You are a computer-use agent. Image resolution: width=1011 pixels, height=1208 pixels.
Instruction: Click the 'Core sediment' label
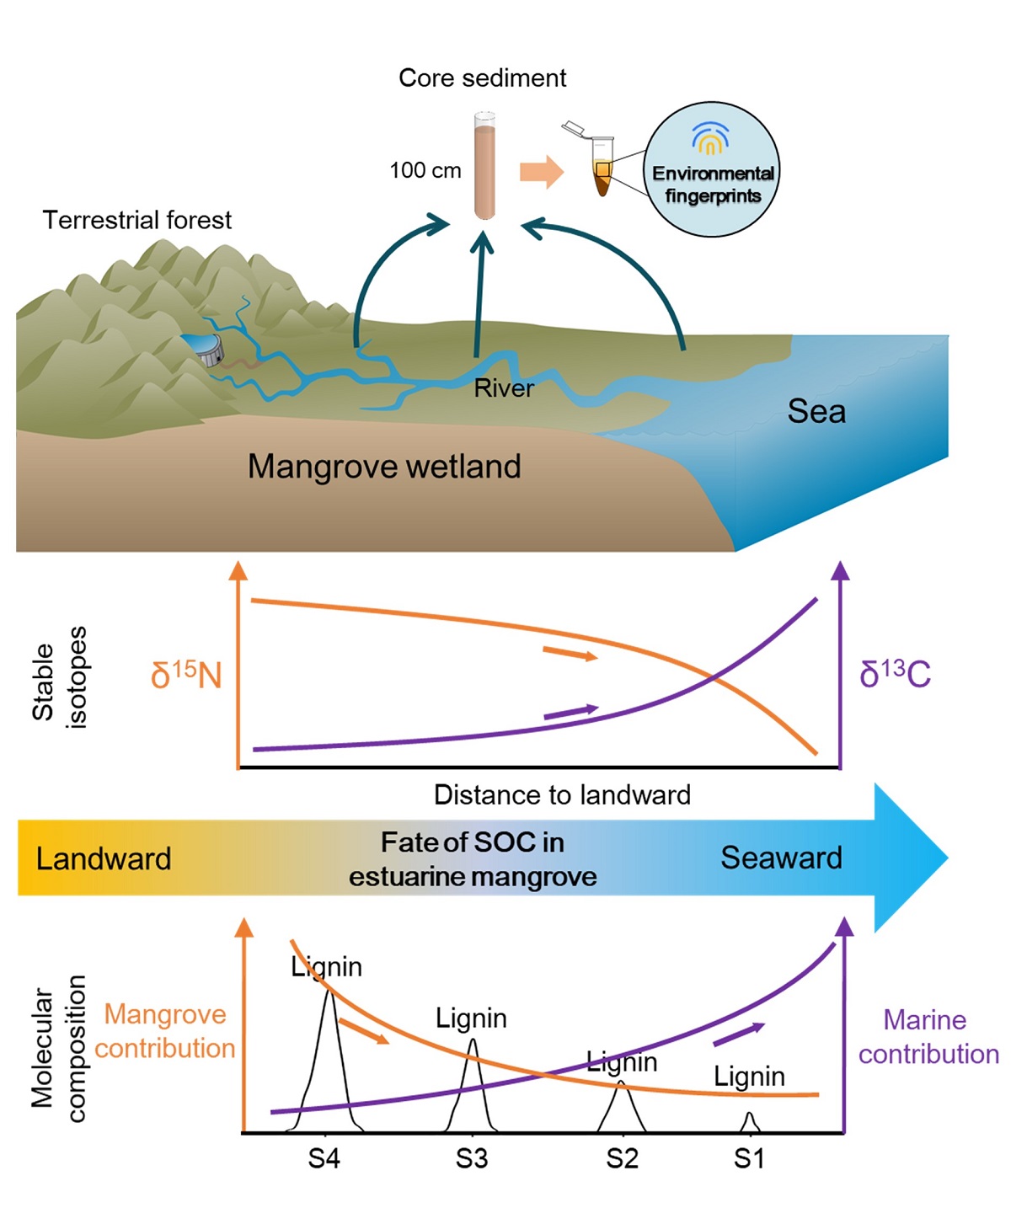pos(482,78)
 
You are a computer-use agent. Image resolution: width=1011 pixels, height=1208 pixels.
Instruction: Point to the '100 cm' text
pos(425,171)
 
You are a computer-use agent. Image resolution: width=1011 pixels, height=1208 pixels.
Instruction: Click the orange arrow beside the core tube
pos(541,172)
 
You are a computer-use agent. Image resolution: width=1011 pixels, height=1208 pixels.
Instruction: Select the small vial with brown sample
pos(602,168)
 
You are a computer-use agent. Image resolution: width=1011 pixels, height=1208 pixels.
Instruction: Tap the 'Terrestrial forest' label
pos(136,221)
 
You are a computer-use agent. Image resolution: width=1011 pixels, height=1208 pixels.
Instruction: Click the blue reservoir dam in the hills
pos(203,347)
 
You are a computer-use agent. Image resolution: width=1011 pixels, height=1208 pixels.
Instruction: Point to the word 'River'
pos(504,388)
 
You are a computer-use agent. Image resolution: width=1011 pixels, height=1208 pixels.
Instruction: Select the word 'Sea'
pos(816,412)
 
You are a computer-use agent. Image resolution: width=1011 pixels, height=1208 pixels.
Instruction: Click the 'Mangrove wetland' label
pos(384,467)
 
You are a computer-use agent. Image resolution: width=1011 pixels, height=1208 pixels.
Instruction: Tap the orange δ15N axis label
pos(186,676)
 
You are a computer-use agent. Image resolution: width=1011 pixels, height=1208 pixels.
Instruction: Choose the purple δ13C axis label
pos(895,675)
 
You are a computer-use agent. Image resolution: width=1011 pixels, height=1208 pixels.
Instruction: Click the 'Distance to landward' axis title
pos(562,795)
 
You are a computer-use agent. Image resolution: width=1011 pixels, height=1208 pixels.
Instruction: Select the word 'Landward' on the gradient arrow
pos(104,859)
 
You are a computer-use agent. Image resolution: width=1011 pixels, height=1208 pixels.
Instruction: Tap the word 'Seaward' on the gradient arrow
pos(781,858)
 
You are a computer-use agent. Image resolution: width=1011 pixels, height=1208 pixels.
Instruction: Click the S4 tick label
pos(324,1160)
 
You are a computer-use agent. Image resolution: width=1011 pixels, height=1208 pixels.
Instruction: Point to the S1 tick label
pos(749,1160)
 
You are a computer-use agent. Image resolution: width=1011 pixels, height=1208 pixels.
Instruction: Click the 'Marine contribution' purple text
pos(928,1037)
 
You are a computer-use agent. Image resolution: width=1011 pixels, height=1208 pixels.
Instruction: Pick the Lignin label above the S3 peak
pos(471,1019)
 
